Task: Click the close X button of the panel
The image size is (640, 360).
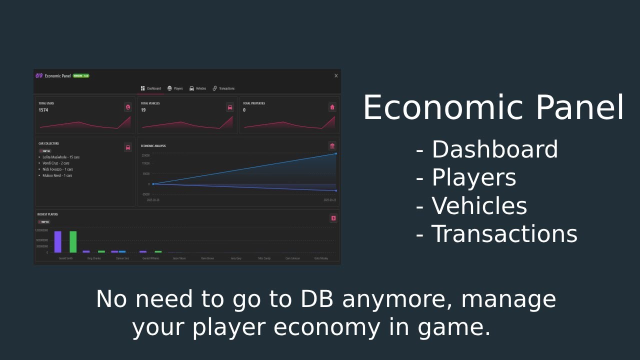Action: (336, 76)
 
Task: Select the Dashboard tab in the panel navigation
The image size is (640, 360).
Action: (151, 88)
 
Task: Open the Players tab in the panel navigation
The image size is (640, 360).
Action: (175, 88)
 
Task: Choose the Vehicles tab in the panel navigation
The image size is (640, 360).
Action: (198, 88)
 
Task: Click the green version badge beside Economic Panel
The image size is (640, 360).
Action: (81, 76)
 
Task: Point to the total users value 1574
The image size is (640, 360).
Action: (43, 110)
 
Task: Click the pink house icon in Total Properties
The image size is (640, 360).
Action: (332, 107)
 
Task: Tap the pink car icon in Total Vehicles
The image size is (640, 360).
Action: (230, 107)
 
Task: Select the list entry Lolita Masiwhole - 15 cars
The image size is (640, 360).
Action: (60, 157)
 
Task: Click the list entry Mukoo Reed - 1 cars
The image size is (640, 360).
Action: (57, 175)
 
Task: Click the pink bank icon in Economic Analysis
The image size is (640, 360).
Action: (332, 146)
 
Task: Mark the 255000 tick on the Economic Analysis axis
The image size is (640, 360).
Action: (145, 155)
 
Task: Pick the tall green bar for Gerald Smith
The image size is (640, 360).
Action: (73, 241)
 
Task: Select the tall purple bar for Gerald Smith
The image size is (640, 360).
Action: (58, 241)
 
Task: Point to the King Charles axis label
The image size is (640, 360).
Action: (94, 258)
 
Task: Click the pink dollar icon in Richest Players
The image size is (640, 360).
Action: (333, 218)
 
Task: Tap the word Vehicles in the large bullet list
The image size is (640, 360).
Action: (479, 206)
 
